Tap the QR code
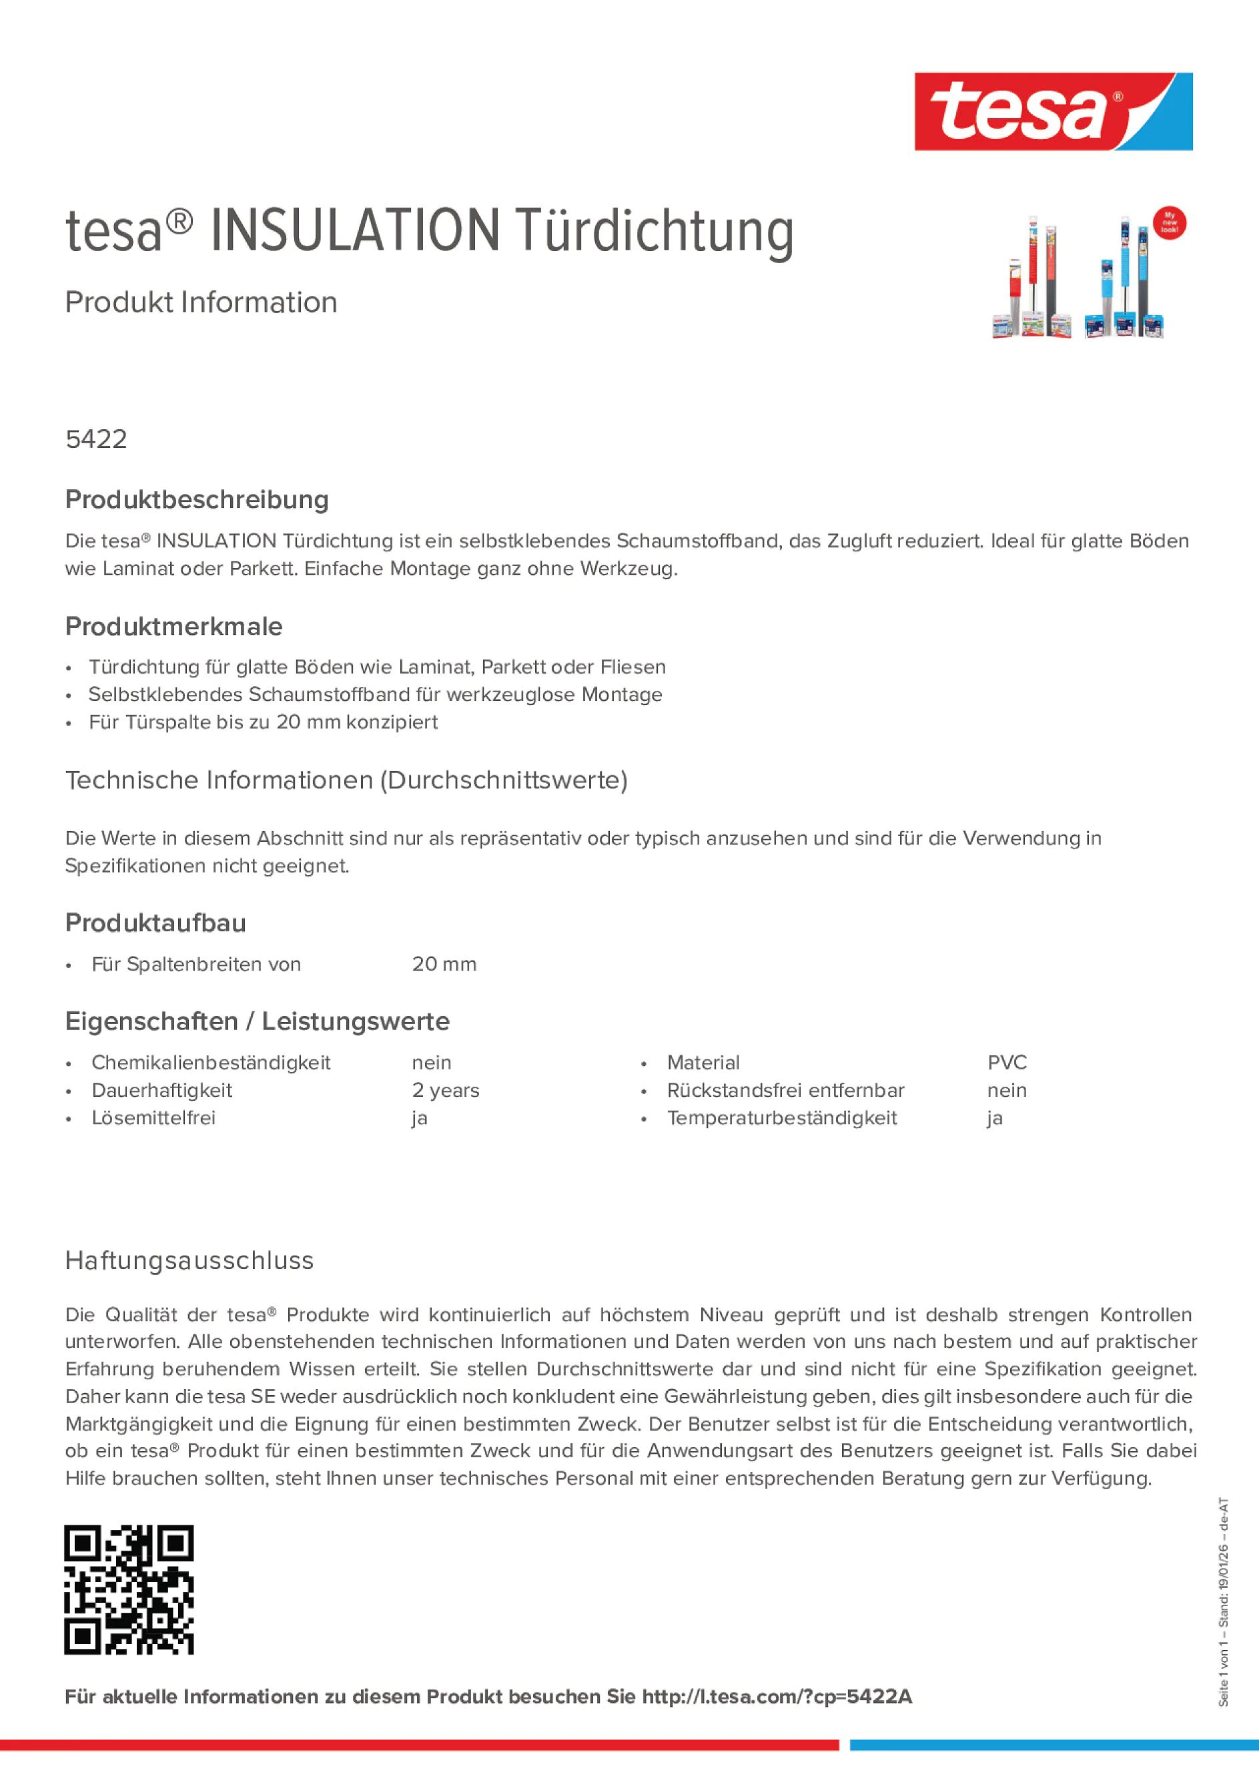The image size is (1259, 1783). point(129,1589)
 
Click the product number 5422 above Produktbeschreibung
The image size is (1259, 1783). point(96,439)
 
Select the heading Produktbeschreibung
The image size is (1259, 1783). point(196,499)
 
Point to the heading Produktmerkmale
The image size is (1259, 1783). point(174,626)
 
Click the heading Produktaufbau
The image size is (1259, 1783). point(155,923)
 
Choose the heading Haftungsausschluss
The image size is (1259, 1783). point(189,1260)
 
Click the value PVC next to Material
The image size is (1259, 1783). point(1007,1062)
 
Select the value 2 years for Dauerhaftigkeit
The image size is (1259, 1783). point(446,1090)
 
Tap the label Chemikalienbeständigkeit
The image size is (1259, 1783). point(211,1062)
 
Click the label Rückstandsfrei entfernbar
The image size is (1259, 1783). point(785,1090)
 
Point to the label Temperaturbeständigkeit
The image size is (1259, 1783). point(782,1117)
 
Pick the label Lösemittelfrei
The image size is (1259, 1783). point(153,1117)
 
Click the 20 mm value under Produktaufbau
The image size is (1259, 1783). point(444,964)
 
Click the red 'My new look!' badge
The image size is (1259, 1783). point(1169,224)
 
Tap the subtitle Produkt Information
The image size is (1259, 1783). point(201,302)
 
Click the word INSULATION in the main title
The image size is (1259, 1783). point(355,231)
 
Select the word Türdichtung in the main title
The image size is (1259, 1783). point(655,232)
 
